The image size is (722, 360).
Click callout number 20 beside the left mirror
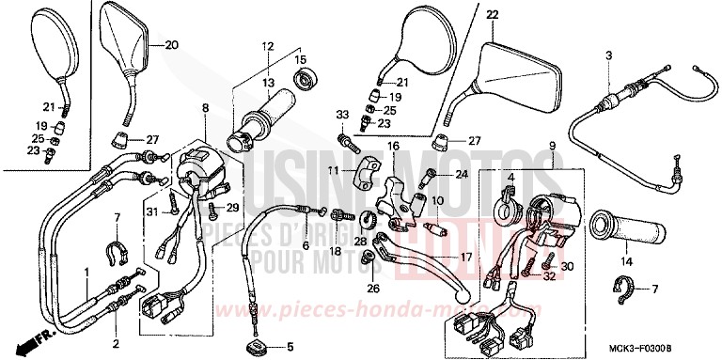click(170, 46)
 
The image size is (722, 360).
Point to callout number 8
click(204, 109)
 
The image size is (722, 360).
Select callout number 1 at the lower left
click(86, 273)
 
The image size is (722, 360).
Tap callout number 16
click(392, 147)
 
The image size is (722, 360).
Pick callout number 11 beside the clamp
click(332, 170)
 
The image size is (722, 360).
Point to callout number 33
click(341, 114)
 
